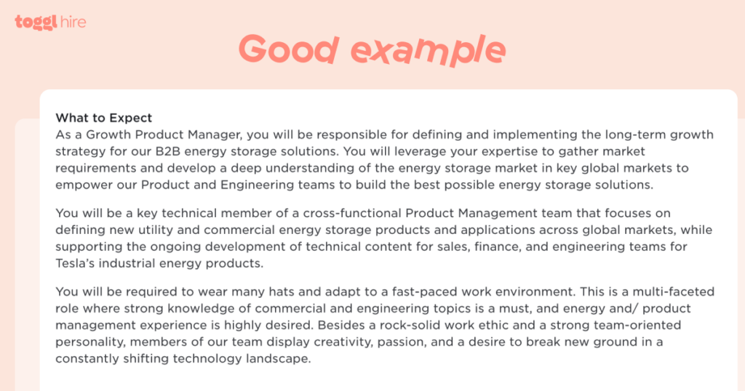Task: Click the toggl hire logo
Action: pos(50,22)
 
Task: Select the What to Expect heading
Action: pos(104,118)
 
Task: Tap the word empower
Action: pos(81,185)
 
